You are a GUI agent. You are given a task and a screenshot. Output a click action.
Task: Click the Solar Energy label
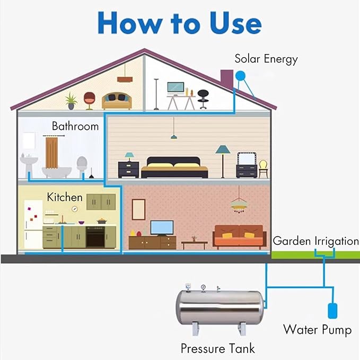click(x=266, y=59)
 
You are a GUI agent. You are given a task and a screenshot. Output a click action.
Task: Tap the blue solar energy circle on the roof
click(x=240, y=75)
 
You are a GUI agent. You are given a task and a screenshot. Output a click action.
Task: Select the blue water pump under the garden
click(x=332, y=311)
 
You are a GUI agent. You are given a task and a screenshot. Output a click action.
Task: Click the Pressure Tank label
click(x=218, y=348)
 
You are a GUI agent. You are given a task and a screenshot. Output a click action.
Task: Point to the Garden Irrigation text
click(x=315, y=241)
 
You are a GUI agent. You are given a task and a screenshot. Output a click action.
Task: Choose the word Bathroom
click(x=75, y=126)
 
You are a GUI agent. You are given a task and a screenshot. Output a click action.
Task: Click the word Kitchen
click(x=65, y=197)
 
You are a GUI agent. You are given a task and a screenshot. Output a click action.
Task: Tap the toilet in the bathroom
click(x=82, y=166)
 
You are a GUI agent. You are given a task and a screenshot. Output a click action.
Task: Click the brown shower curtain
click(x=51, y=152)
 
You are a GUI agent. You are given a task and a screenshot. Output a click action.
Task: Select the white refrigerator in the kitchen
click(x=33, y=224)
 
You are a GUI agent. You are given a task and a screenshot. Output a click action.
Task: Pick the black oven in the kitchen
click(x=95, y=237)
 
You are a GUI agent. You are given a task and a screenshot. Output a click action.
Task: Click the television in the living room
click(x=162, y=228)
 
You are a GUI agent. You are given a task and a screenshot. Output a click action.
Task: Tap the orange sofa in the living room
click(x=240, y=237)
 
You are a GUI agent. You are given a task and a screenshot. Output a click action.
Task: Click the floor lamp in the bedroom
click(x=223, y=161)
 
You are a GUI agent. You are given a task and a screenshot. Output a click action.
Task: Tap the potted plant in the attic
click(x=71, y=101)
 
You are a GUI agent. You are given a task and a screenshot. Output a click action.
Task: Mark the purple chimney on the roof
click(x=227, y=79)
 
